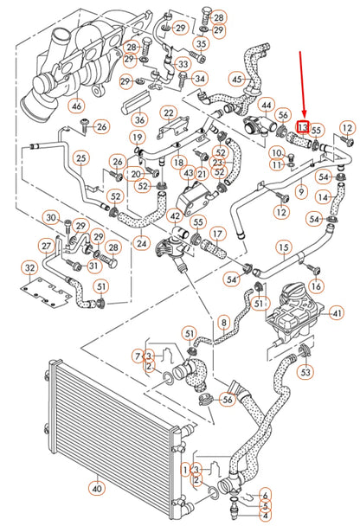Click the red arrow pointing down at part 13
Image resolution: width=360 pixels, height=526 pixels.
click(301, 87)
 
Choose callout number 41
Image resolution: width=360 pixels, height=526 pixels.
click(337, 312)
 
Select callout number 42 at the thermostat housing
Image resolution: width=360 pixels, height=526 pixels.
click(175, 216)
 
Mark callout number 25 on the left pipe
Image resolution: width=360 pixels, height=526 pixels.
click(80, 157)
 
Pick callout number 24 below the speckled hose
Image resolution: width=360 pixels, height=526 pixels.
click(142, 241)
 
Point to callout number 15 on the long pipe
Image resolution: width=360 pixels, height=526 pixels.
click(283, 247)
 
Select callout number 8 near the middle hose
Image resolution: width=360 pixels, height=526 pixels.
click(223, 324)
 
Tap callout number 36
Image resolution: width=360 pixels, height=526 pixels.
click(140, 119)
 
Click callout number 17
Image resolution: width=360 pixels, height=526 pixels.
click(217, 233)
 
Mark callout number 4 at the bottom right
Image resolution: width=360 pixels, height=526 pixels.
click(266, 516)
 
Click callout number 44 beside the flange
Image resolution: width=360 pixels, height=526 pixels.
click(267, 104)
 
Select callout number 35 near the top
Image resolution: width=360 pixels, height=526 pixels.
click(201, 42)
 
